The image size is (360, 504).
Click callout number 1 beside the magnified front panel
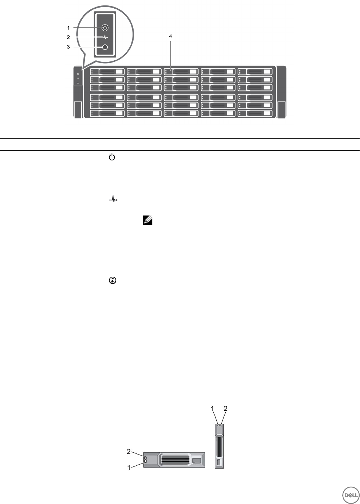pos(68,28)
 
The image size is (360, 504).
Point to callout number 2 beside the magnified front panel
pos(68,37)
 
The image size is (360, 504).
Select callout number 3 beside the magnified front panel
pos(68,47)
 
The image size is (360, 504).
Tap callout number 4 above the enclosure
pos(170,36)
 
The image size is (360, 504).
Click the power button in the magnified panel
pos(105,28)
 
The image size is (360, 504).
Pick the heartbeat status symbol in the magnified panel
pos(105,37)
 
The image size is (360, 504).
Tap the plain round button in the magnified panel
pos(105,47)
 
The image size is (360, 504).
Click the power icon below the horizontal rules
pos(112,157)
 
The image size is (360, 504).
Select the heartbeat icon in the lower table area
pos(113,199)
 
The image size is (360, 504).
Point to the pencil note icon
pos(148,220)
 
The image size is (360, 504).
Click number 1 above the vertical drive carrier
pos(213,409)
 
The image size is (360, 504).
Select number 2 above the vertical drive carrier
pos(226,409)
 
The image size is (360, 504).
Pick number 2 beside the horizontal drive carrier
pos(129,451)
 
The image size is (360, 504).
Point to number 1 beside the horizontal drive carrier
pos(129,468)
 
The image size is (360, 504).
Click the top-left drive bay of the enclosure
pos(107,72)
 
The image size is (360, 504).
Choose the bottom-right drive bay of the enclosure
pos(255,113)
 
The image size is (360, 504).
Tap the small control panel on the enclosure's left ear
pos(78,78)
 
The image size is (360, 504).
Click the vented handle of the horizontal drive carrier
pos(174,460)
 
